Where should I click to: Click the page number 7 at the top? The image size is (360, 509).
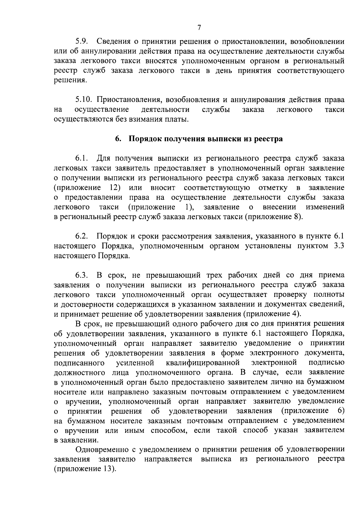[199, 28]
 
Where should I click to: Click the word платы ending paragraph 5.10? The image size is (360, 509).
[180, 120]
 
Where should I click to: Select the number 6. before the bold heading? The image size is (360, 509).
[118, 139]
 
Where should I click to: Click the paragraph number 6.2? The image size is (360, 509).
[81, 236]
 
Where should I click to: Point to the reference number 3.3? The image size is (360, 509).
[338, 246]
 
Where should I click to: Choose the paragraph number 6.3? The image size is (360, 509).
[81, 275]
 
